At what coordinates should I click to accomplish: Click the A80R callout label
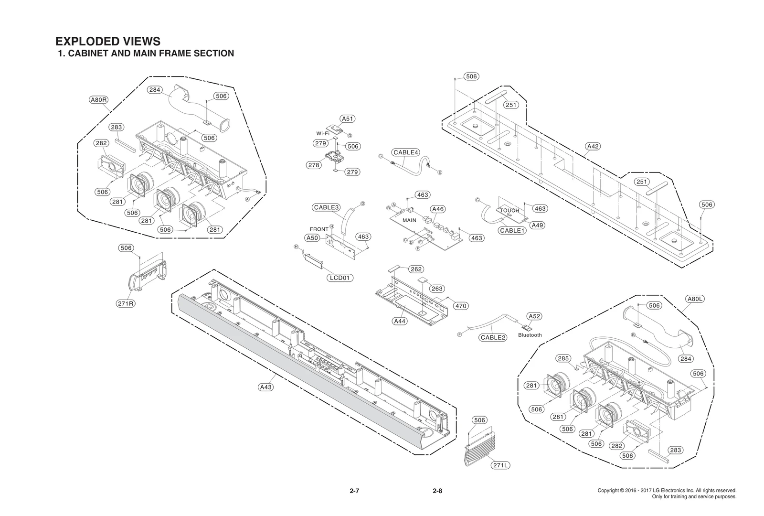(99, 100)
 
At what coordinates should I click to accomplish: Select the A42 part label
(593, 146)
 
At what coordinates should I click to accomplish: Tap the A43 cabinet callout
(265, 387)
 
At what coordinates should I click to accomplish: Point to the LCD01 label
(340, 278)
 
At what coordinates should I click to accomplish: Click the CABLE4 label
(406, 152)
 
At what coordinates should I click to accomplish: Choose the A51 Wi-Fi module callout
(348, 119)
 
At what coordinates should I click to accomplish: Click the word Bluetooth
(530, 335)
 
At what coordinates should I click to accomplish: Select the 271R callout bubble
(126, 303)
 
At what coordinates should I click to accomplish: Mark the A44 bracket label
(400, 321)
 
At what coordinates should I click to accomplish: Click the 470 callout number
(461, 306)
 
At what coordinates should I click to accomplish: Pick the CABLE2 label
(493, 338)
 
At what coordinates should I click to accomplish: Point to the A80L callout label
(695, 299)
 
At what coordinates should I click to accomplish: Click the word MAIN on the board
(409, 220)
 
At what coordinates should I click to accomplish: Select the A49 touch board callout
(538, 225)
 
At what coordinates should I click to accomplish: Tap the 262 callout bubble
(416, 269)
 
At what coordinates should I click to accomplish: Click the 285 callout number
(563, 358)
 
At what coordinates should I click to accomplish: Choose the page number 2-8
(437, 491)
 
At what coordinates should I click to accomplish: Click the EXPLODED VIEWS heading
(108, 42)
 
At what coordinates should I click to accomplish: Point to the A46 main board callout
(438, 209)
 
